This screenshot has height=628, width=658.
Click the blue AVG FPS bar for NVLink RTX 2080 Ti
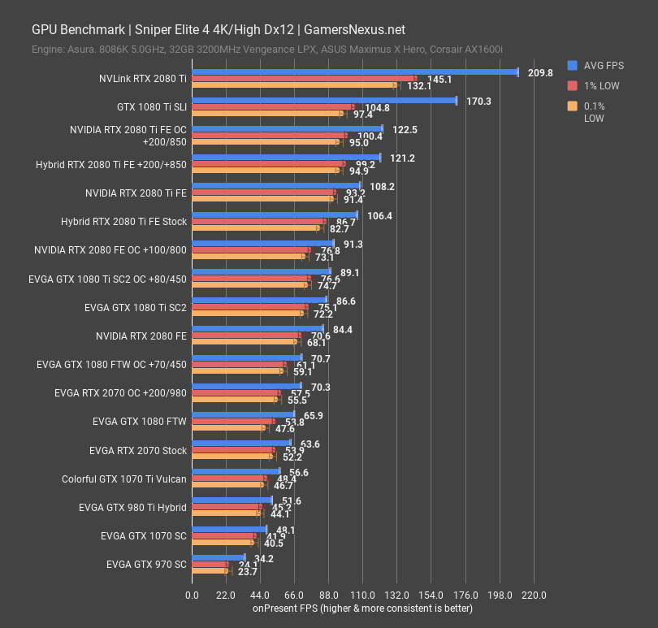point(354,72)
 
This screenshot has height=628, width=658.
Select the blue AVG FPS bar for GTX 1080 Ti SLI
point(324,101)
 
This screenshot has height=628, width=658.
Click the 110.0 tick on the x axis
point(362,595)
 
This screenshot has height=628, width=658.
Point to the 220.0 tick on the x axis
point(533,595)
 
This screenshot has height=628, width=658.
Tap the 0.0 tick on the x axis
point(192,595)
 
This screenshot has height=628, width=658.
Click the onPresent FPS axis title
point(361,608)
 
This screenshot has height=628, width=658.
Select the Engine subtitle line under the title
point(267,50)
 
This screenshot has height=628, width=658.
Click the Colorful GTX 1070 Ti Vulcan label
point(124,479)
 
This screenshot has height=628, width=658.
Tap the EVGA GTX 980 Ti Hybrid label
point(132,508)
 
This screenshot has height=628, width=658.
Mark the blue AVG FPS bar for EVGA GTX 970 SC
point(218,558)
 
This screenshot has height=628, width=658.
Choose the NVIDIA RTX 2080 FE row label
point(141,336)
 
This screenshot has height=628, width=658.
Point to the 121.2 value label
point(402,158)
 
